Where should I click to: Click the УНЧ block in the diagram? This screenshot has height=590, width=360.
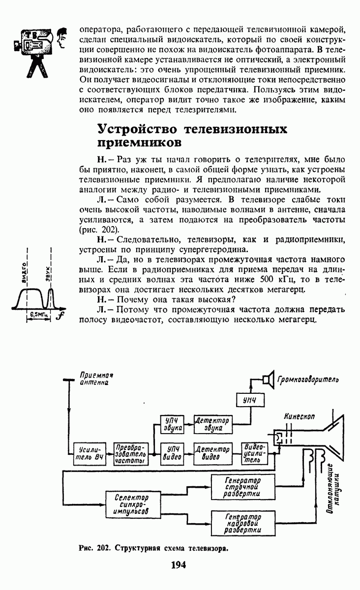250,401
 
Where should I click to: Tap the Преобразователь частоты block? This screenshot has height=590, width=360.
131,454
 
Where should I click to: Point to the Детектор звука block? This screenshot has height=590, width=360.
213,424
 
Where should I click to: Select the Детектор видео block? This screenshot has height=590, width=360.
213,453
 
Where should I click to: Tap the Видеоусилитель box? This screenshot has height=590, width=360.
255,453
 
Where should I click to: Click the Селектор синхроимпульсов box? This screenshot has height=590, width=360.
133,504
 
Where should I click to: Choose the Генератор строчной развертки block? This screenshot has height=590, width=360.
243,487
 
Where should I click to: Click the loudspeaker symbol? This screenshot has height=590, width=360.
269,380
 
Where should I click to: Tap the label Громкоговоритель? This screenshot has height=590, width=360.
308,380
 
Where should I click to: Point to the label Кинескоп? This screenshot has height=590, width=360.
300,416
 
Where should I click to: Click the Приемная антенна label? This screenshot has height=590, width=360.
96,379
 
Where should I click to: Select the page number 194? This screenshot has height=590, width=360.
179,565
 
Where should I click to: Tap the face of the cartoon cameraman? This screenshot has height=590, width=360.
61,38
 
